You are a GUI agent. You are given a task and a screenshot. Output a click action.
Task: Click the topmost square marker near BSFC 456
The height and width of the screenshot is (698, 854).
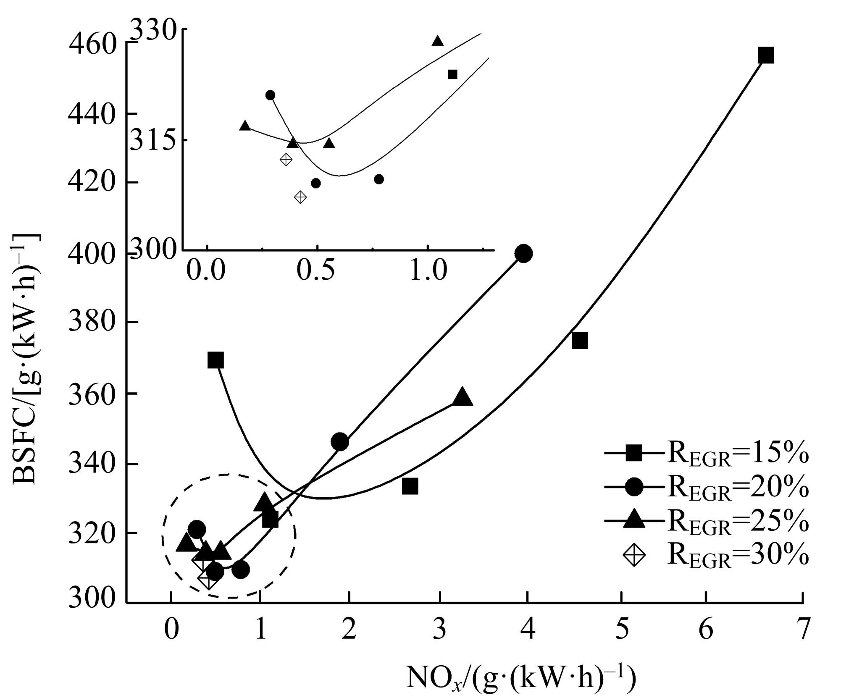coord(766,55)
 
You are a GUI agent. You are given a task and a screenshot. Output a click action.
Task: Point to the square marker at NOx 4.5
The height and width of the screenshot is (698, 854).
coord(579,341)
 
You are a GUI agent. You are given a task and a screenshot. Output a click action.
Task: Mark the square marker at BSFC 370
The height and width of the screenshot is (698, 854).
coord(215,360)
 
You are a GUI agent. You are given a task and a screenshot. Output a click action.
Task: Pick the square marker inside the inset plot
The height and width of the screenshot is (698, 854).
coord(452,74)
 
